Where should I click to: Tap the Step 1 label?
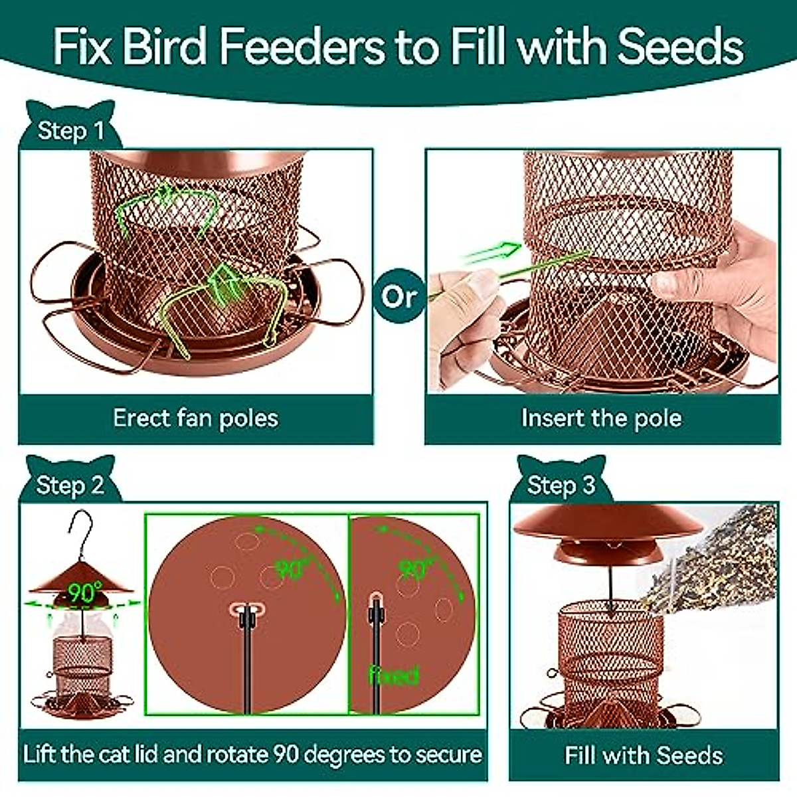[71, 130]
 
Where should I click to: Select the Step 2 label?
[70, 485]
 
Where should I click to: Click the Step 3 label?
[561, 485]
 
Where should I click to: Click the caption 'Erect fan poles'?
[195, 418]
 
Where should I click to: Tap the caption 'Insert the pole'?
[601, 418]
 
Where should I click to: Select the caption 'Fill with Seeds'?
[644, 755]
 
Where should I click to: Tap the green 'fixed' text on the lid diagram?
[393, 675]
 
